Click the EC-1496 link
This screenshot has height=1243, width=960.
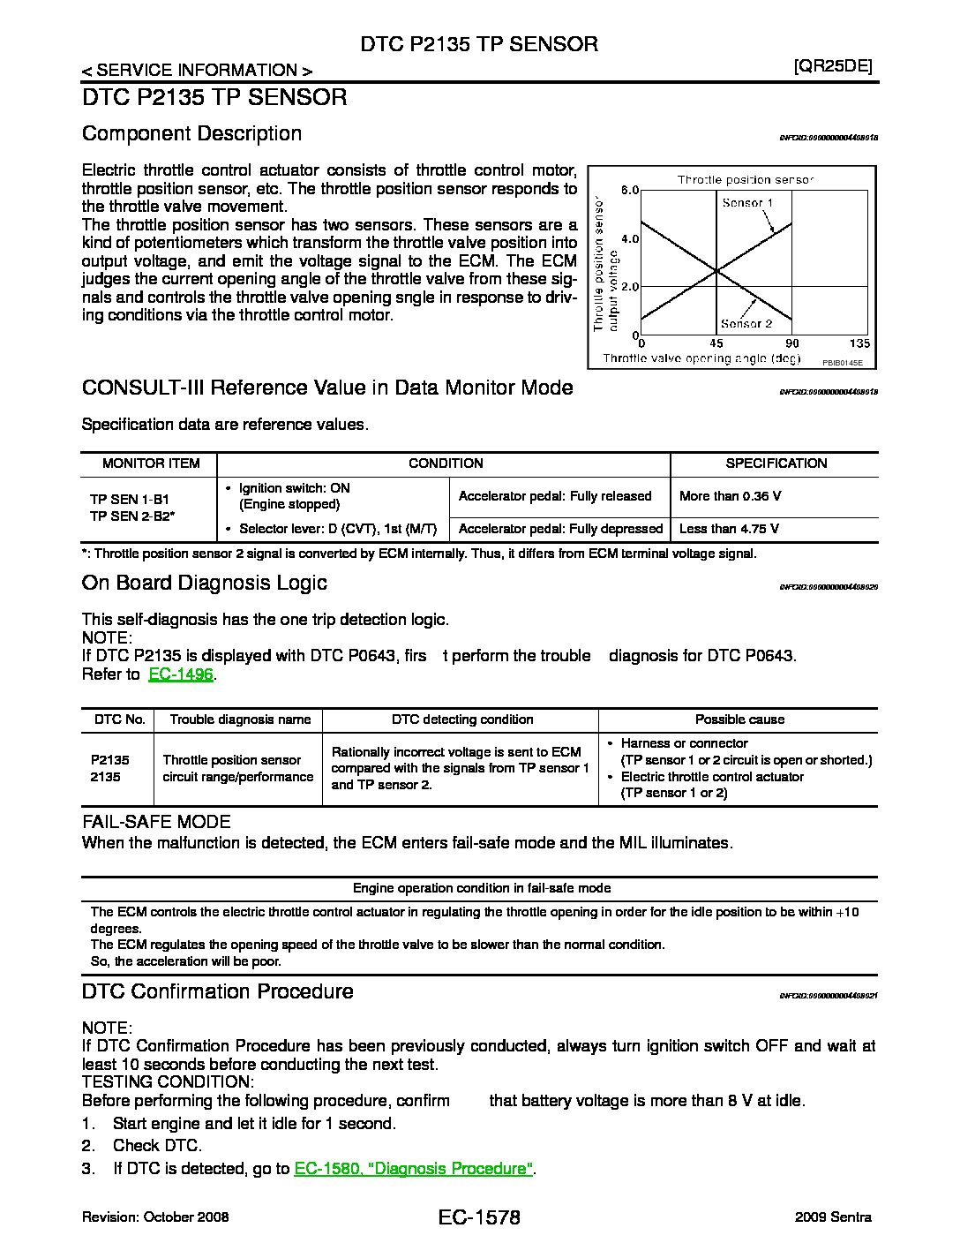(182, 674)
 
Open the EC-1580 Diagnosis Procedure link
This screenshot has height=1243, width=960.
(414, 1168)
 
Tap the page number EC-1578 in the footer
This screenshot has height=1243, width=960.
(478, 1218)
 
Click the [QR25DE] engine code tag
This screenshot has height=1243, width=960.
(832, 67)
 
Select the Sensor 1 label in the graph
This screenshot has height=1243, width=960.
(747, 203)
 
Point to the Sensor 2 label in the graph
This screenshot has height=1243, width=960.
(746, 324)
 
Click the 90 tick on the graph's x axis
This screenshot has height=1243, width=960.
(791, 343)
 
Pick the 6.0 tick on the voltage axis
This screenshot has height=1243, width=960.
(629, 191)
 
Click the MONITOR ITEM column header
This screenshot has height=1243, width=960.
(151, 463)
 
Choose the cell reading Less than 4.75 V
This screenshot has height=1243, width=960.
(729, 529)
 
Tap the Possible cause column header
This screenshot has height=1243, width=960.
(739, 719)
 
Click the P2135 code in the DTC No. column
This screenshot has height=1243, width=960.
(109, 760)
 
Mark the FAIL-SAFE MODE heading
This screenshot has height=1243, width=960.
(156, 822)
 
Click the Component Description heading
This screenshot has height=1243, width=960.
(191, 133)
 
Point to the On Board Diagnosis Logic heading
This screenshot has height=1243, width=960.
(204, 583)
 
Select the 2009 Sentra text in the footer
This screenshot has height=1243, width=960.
(833, 1217)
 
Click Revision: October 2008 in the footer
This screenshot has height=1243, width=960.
(155, 1217)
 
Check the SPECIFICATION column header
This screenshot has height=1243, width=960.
(776, 463)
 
